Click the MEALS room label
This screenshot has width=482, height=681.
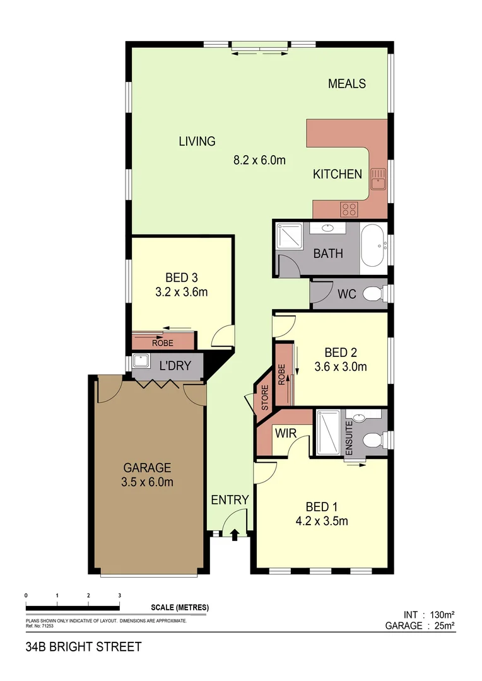[x=347, y=83]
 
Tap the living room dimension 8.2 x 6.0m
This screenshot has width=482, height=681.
[x=259, y=160]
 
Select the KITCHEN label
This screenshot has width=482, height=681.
[x=338, y=174]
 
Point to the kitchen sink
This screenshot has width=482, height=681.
[x=378, y=178]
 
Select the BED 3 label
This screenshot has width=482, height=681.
[x=182, y=277]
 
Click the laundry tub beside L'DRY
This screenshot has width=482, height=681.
[x=141, y=362]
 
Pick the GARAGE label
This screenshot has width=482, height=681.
[x=147, y=468]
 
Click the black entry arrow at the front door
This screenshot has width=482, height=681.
[x=235, y=535]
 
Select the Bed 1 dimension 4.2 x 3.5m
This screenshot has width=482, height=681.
[x=322, y=521]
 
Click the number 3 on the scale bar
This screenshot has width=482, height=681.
[x=119, y=595]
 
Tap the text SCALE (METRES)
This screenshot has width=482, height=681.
[x=180, y=608]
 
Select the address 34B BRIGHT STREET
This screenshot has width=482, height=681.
[x=83, y=647]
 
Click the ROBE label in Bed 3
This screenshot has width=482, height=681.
[x=162, y=344]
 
